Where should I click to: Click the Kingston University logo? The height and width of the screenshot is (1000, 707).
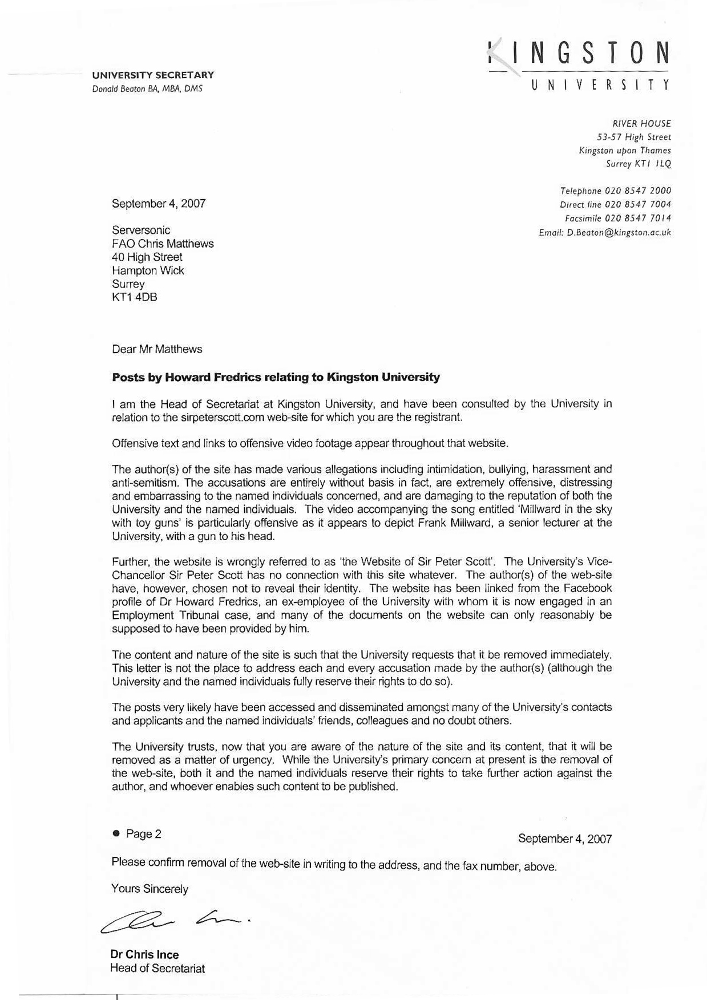pos(579,64)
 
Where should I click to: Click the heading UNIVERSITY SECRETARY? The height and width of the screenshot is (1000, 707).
pos(153,75)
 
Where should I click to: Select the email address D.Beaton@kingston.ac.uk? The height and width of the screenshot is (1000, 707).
pos(619,233)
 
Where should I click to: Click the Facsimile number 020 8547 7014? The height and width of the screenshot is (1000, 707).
pos(637,218)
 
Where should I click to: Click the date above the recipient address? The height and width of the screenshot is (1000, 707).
pos(159,203)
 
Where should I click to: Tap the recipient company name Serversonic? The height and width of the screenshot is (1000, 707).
pos(141,230)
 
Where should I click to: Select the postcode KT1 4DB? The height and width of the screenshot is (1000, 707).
pos(135,297)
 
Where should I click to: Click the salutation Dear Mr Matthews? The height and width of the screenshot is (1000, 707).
pos(157,349)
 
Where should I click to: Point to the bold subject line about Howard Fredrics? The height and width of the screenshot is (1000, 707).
pos(276,377)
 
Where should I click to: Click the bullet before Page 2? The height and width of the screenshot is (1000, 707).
pos(116,833)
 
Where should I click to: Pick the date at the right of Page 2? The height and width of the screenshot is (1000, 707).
pos(565,839)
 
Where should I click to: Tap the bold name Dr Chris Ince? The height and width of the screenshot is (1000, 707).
pos(144,954)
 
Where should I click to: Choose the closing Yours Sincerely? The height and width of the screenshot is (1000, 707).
pos(150,888)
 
